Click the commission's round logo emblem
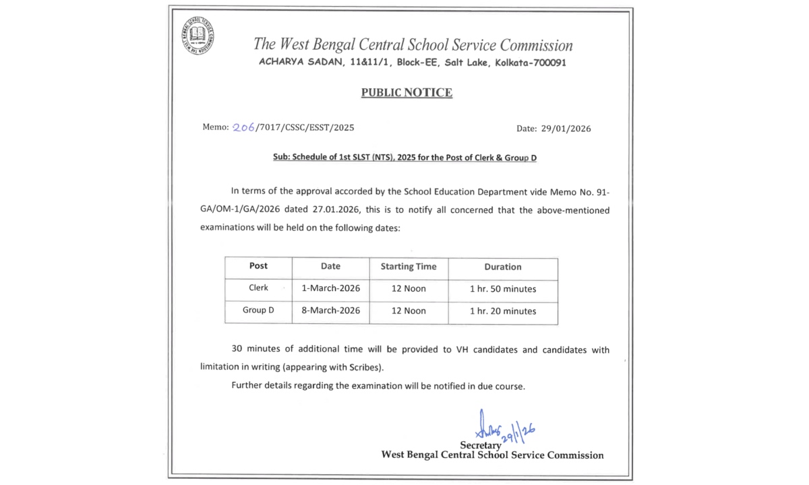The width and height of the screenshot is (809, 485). [x=198, y=35]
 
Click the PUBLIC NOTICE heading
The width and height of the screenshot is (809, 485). [x=407, y=93]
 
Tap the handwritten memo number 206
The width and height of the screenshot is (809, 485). [x=243, y=127]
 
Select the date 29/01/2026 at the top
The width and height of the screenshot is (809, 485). [x=565, y=129]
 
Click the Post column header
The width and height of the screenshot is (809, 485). [x=258, y=266]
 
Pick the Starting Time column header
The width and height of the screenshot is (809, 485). [x=409, y=267]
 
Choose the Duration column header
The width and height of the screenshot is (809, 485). [x=503, y=267]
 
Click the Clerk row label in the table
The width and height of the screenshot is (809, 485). [x=258, y=288]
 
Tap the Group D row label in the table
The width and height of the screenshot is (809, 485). [x=258, y=311]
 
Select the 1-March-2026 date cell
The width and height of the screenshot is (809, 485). [x=330, y=288]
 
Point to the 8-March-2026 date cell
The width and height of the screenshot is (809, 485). [x=330, y=311]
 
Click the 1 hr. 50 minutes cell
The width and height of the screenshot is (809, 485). [x=503, y=289]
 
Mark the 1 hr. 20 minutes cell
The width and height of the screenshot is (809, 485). [x=503, y=311]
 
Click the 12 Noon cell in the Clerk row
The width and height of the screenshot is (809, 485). [x=409, y=288]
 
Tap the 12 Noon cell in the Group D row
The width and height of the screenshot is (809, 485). [x=409, y=311]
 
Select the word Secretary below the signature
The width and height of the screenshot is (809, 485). [x=480, y=445]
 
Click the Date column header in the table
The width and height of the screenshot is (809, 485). [x=330, y=266]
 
